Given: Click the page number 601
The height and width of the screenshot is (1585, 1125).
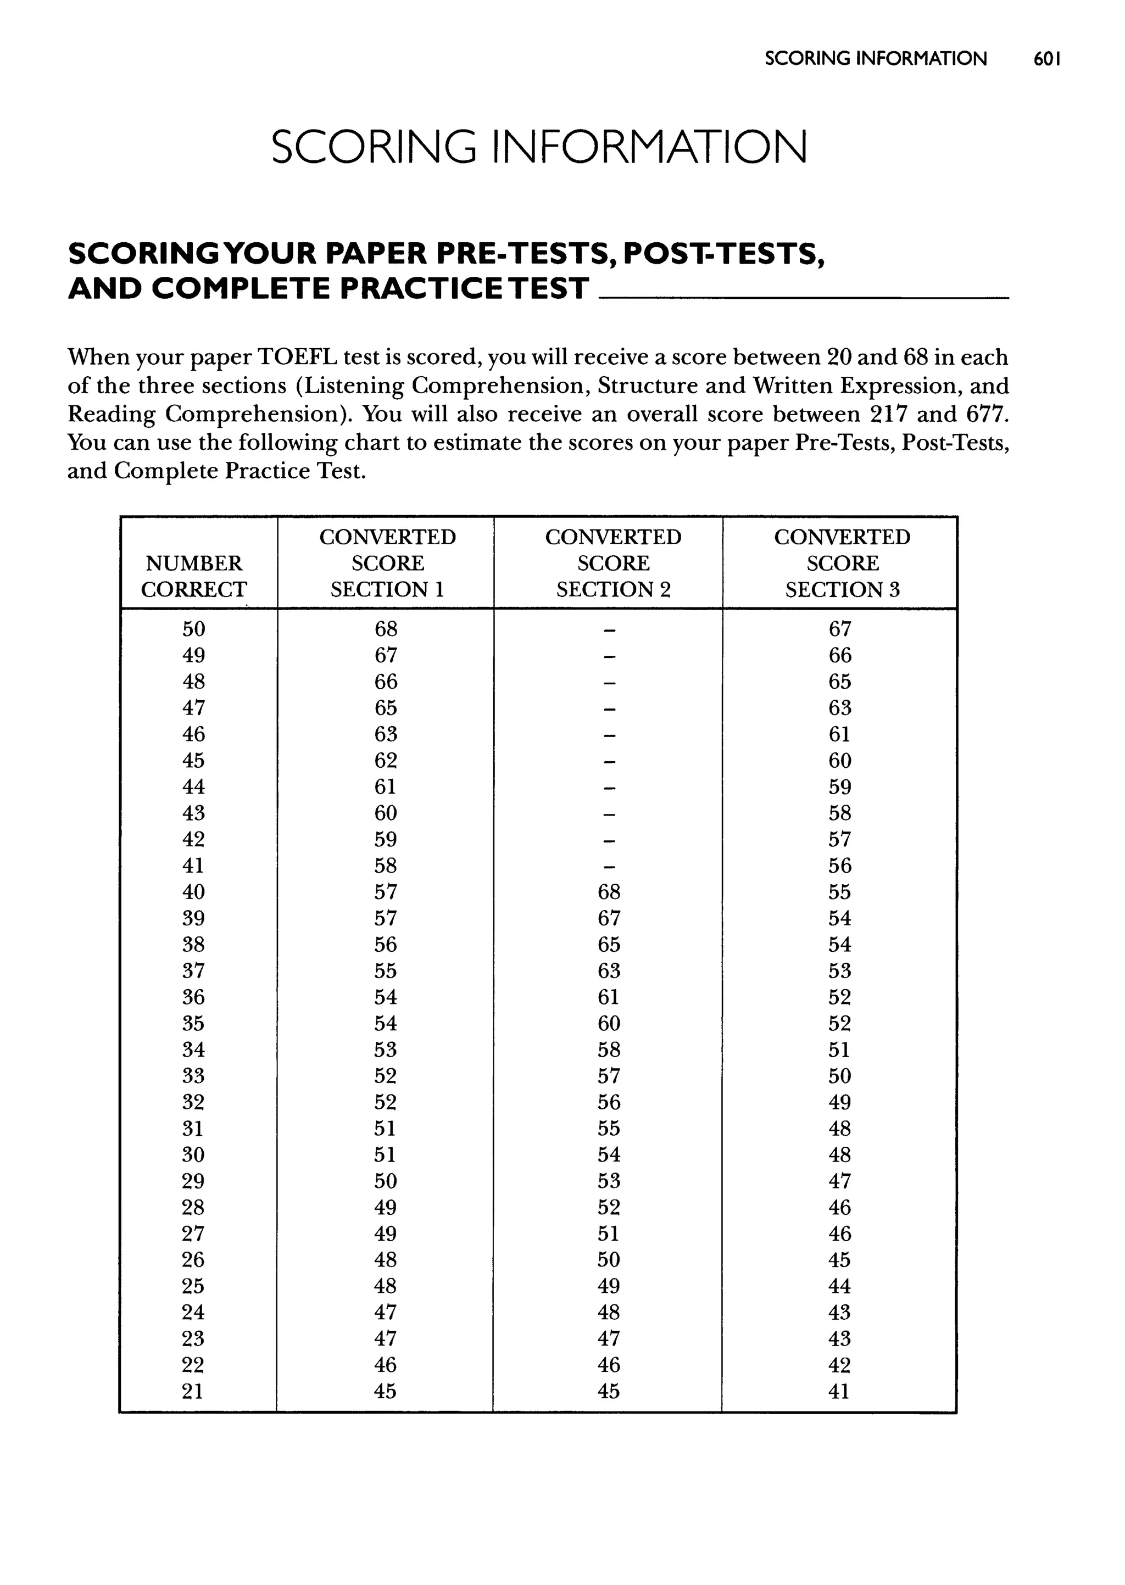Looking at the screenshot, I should pos(1046,59).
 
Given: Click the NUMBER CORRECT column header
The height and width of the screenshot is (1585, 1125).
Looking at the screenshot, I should pos(194,576).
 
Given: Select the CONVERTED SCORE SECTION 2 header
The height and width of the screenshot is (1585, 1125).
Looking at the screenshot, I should pos(613,563).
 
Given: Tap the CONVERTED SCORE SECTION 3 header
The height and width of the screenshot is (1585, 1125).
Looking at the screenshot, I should pos(842,563).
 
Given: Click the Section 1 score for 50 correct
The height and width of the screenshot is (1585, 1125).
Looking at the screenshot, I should pos(386,629).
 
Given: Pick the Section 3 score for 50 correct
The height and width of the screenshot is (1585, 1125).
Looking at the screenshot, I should pos(839,629).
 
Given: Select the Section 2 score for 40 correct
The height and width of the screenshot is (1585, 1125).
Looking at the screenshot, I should pos(609,892).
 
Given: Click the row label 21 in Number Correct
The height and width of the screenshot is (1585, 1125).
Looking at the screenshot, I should pos(193,1391).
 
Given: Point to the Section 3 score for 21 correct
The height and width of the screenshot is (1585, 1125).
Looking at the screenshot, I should pos(839,1391).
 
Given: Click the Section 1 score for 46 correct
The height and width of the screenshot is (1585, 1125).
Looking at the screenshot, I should pos(386,734).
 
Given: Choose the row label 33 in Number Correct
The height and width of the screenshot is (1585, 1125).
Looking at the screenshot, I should pos(193,1076).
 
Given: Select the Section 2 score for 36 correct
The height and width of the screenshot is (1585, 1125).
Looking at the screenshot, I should pos(609,997).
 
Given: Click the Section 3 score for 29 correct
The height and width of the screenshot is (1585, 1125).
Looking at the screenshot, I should pos(839,1181).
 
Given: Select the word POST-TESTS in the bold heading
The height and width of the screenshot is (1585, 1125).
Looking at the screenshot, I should pos(723,254).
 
